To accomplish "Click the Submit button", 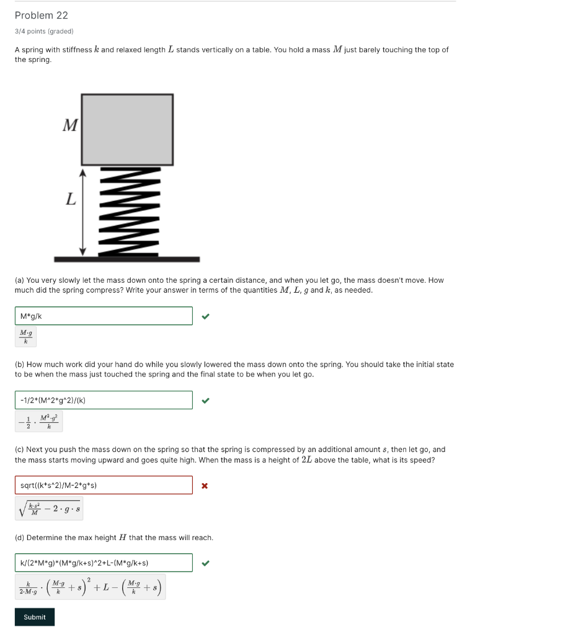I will (x=35, y=617).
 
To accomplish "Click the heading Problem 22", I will (x=42, y=16).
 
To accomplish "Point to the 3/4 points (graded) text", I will (x=44, y=31).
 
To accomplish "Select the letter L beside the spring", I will (x=71, y=200).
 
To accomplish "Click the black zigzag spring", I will (x=128, y=211).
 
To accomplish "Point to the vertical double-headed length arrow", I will (x=83, y=211).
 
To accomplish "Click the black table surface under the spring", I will (x=127, y=259).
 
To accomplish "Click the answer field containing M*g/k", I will (x=104, y=316).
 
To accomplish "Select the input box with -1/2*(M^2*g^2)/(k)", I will (x=104, y=401).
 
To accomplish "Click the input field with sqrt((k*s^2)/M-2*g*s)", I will (x=104, y=485).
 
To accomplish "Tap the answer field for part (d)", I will (x=104, y=563).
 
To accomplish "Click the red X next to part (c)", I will (x=205, y=486).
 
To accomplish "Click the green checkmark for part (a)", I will (x=206, y=316).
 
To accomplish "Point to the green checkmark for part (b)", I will (x=206, y=401).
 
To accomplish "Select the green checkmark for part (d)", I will (x=206, y=563).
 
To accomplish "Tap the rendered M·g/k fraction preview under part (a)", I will (x=26, y=337).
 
